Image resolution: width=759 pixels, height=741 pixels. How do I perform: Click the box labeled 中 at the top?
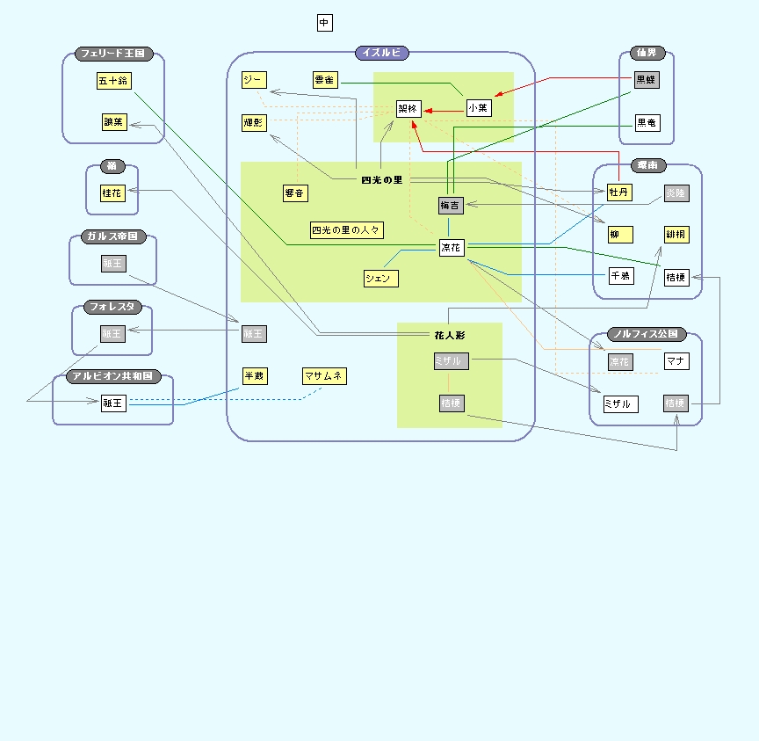coord(325,23)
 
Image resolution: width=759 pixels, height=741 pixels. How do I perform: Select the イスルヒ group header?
coord(381,53)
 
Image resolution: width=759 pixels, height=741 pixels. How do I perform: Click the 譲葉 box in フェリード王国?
coord(114,122)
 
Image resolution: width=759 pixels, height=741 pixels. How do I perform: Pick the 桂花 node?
coord(112,193)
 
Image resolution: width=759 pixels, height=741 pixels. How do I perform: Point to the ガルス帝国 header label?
coord(113,237)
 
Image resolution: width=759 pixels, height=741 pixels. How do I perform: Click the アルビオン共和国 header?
coord(113,376)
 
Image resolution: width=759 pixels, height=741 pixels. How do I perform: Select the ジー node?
coord(253,80)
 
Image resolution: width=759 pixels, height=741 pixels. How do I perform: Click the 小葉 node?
coord(478,107)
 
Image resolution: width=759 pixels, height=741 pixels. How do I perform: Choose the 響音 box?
coord(295,193)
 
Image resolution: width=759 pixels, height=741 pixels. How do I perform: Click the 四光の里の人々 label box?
coord(347,230)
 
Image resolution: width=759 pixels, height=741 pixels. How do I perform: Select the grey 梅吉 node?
coord(451,206)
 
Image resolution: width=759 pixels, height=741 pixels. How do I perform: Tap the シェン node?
coord(381,279)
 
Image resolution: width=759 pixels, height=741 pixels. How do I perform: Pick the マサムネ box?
coord(324,376)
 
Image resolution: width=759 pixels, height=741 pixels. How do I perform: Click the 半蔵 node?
coord(254,376)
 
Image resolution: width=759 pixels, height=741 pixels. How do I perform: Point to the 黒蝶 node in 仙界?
coord(646,80)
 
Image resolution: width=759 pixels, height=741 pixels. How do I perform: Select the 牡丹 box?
coord(619,193)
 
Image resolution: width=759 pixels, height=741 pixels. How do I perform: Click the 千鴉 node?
coord(621,276)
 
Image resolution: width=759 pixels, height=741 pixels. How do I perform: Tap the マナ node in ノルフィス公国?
coord(676,360)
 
